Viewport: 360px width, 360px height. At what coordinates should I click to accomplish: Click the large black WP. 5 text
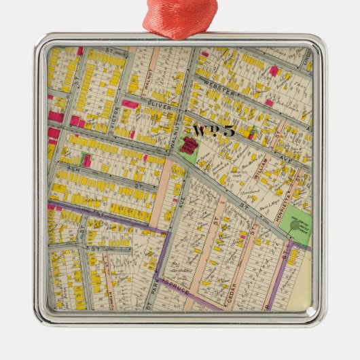tap(213, 130)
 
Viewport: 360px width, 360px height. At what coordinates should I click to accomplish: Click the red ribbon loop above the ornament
tap(179, 16)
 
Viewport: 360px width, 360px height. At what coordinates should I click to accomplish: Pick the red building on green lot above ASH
tap(86, 160)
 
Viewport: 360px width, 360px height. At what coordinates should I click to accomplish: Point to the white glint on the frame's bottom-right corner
tap(310, 313)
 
